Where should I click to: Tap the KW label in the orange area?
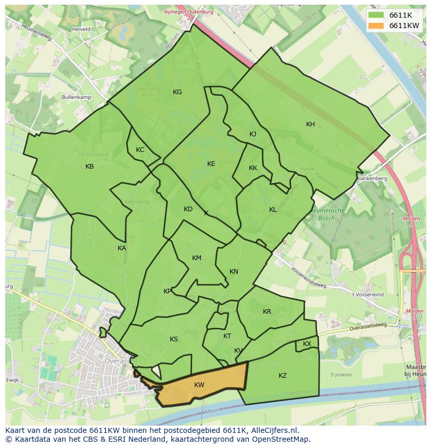tap(199, 385)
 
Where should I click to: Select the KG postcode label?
tap(177, 92)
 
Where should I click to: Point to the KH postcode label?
tap(310, 124)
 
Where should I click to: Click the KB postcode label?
tap(90, 167)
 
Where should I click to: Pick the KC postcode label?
tap(140, 150)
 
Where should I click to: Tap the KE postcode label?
tap(211, 164)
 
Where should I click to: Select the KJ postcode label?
tap(252, 134)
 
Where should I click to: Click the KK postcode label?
tap(253, 168)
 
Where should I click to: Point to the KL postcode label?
tap(273, 210)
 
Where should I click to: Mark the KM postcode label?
tap(196, 258)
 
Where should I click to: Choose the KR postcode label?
tap(267, 312)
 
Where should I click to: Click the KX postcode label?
tap(307, 344)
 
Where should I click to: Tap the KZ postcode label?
tap(283, 376)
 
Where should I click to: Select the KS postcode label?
tap(174, 339)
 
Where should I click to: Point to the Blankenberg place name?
tap(372, 178)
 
